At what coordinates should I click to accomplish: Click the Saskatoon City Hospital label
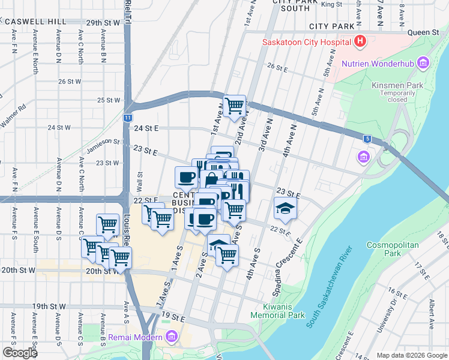click(x=306, y=42)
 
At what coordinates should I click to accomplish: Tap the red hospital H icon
click(x=360, y=41)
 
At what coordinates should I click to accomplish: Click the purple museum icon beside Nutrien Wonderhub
click(x=424, y=63)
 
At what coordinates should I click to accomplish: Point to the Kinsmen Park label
click(x=397, y=85)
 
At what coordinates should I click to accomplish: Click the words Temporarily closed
click(x=397, y=97)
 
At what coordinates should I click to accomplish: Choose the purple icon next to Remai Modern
click(x=173, y=337)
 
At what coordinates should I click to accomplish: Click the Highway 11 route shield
click(x=128, y=118)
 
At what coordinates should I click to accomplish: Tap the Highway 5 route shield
click(x=367, y=139)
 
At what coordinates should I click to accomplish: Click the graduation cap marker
click(x=285, y=208)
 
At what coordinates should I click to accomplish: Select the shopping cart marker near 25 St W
click(x=235, y=106)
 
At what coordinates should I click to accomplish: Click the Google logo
click(x=20, y=353)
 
